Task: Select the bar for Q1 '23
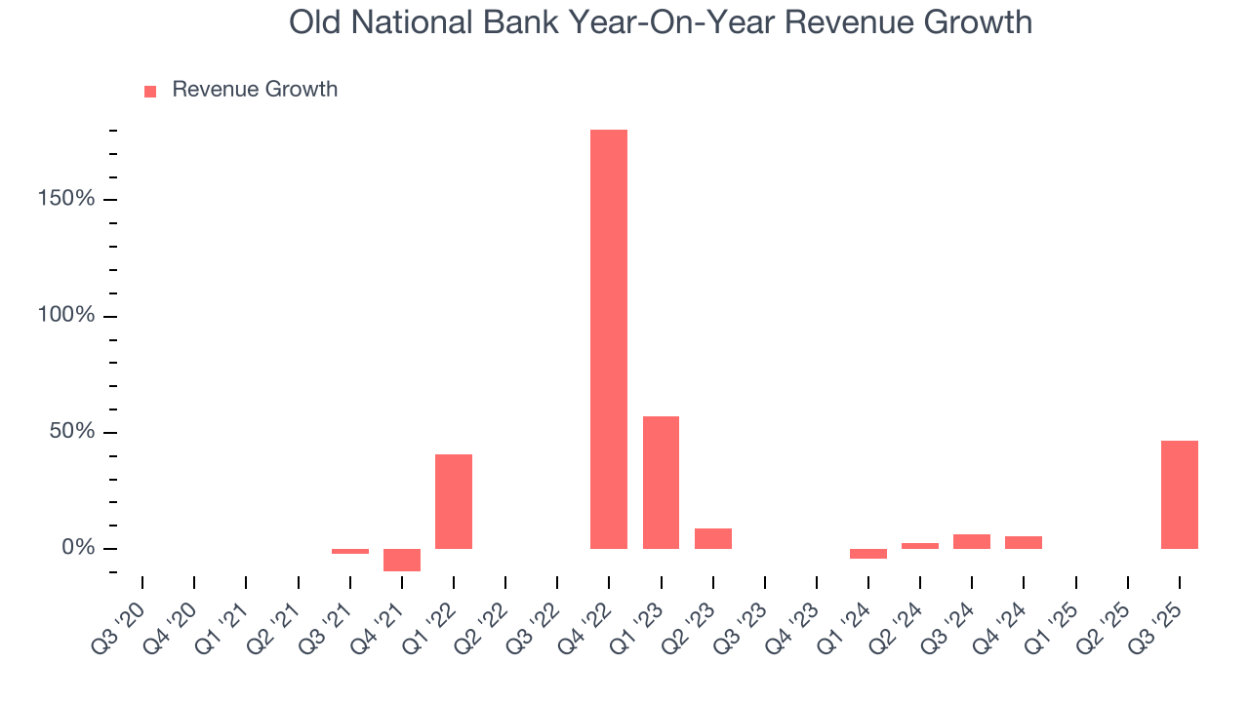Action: tap(661, 483)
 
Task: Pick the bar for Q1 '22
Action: tap(454, 501)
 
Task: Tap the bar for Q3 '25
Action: tap(1180, 494)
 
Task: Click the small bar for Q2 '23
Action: tap(713, 538)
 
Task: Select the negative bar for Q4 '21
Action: tap(402, 560)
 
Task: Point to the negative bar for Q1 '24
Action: tap(868, 554)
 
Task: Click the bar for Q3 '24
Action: tap(972, 541)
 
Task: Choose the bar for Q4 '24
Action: tap(1024, 542)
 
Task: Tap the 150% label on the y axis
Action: tap(66, 200)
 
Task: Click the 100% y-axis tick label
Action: tap(66, 316)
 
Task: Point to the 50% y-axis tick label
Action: tap(72, 432)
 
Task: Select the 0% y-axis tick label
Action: tap(78, 548)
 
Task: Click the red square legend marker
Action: tap(150, 92)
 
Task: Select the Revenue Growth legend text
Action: tap(255, 90)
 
